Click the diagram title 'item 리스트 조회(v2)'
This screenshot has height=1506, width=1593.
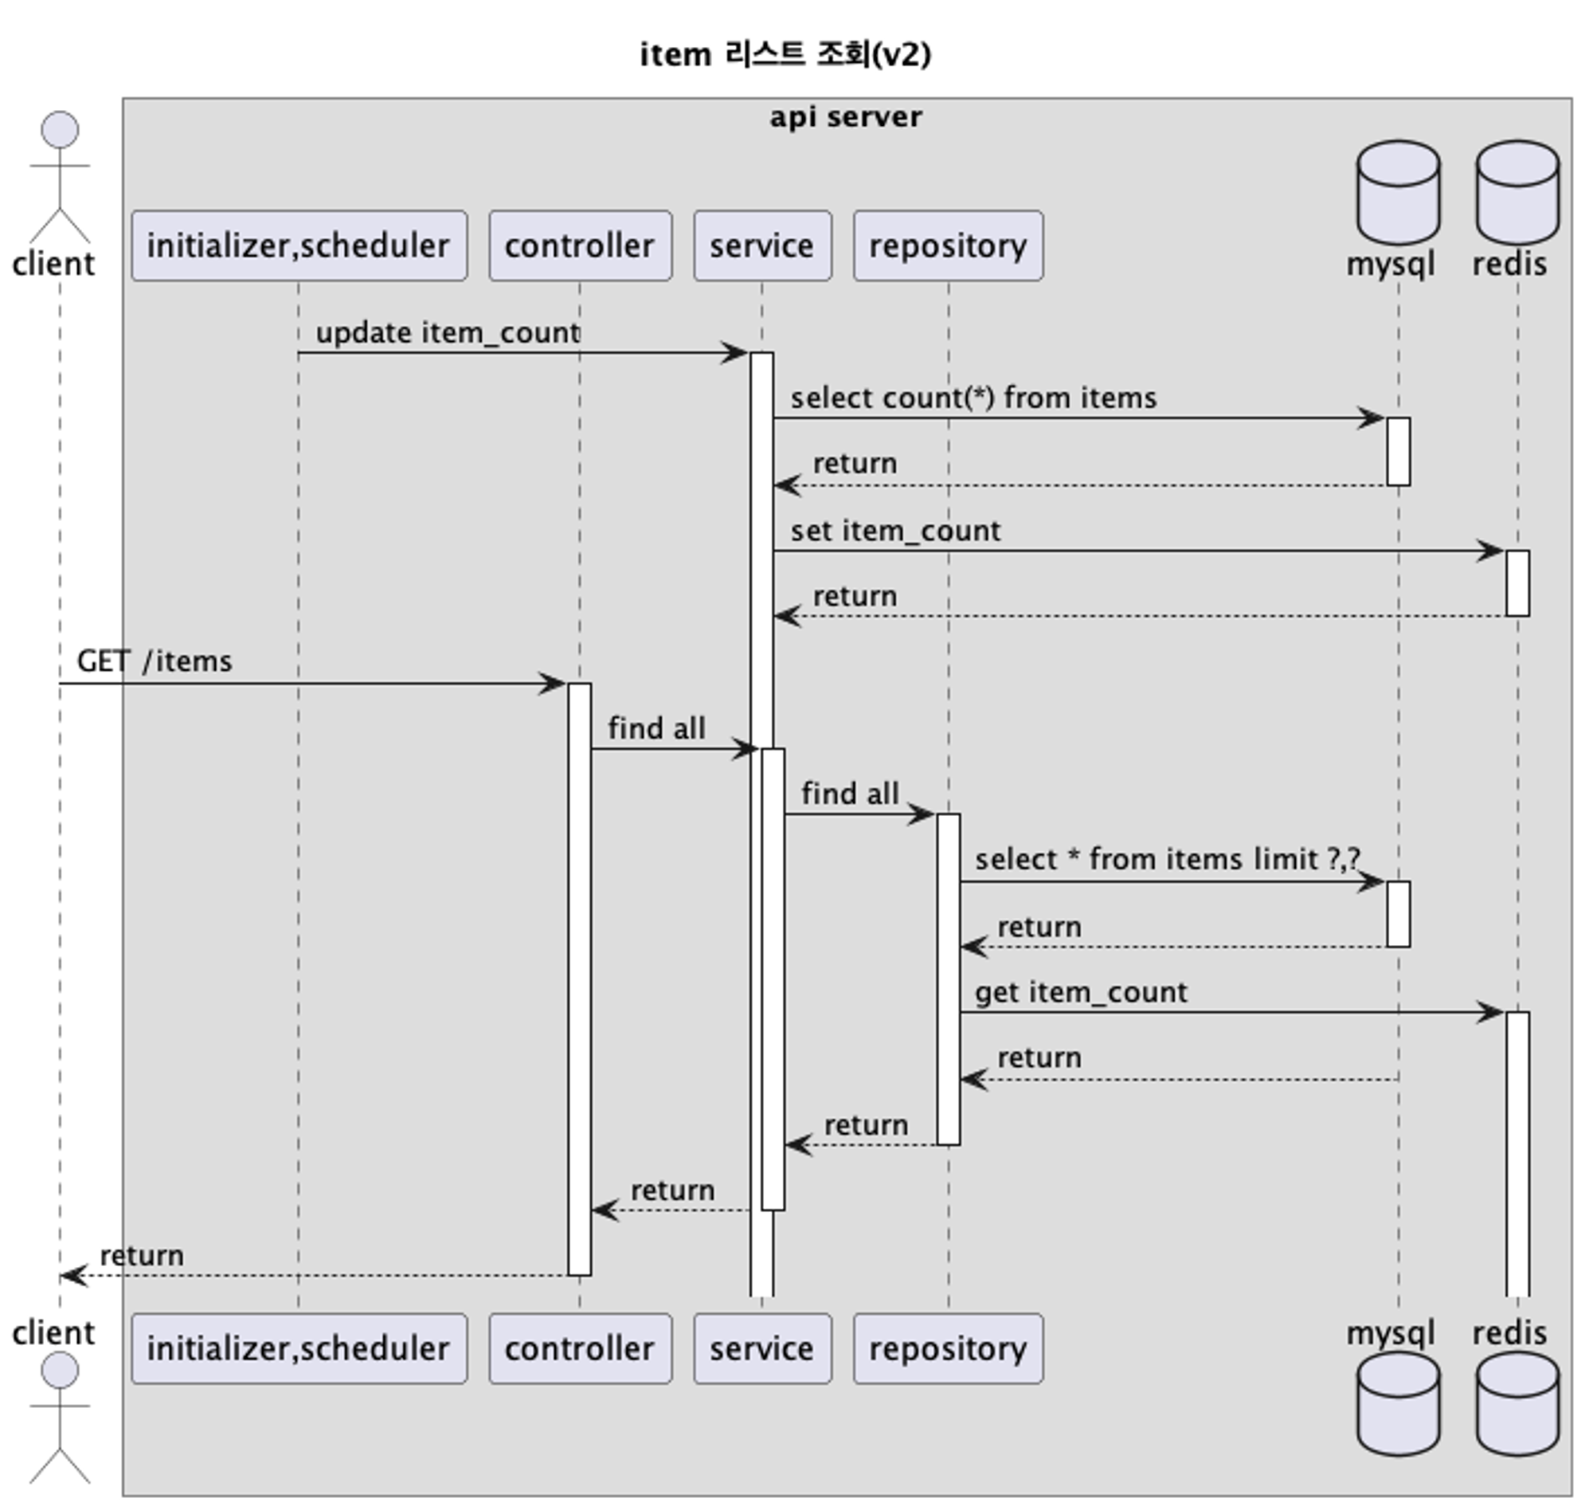(x=785, y=55)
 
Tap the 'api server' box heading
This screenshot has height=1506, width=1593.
(x=845, y=117)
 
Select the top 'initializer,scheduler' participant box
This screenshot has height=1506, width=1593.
(x=299, y=245)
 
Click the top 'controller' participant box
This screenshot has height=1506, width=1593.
(x=579, y=245)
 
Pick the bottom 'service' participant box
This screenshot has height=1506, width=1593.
(x=761, y=1349)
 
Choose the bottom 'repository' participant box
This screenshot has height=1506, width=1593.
(x=948, y=1349)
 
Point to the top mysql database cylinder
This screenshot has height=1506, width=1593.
(x=1397, y=193)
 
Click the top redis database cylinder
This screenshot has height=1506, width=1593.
(x=1517, y=193)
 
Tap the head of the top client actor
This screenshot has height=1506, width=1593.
(x=61, y=129)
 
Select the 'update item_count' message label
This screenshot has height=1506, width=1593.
(x=447, y=332)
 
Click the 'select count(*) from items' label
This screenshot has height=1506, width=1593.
(x=973, y=398)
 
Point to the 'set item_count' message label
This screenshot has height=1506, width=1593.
(x=894, y=531)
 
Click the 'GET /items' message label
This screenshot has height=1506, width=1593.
(x=154, y=661)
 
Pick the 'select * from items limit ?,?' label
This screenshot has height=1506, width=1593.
(x=1167, y=860)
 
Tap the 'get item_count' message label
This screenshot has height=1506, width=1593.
(x=1080, y=993)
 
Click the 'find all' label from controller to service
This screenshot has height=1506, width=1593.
(x=656, y=729)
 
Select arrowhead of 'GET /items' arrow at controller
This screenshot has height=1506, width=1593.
(x=554, y=684)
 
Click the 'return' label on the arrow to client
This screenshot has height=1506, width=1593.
(x=141, y=1256)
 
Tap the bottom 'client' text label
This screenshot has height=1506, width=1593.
(x=53, y=1332)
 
